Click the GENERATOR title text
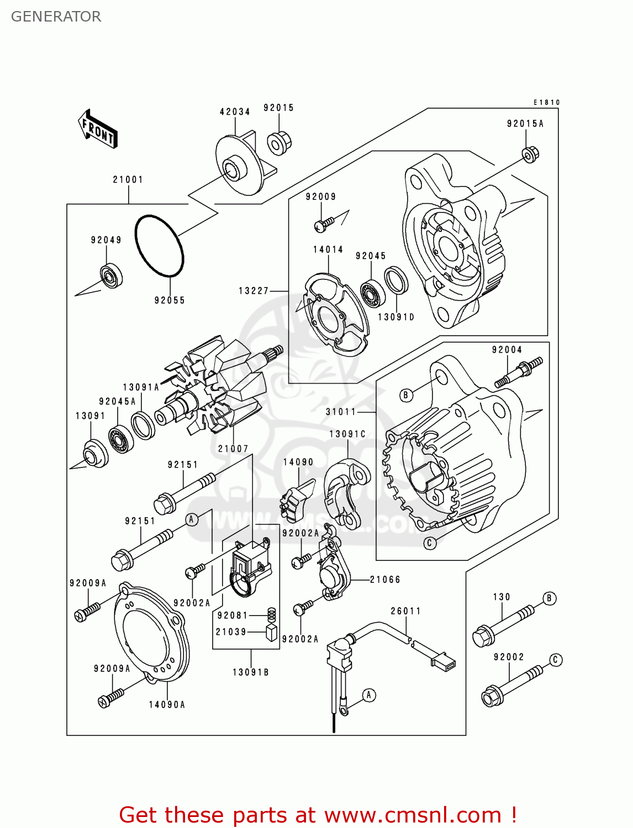(56, 17)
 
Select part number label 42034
(235, 112)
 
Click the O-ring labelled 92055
(159, 246)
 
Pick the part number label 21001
(128, 179)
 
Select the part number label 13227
(254, 290)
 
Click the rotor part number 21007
(233, 449)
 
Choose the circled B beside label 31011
(406, 395)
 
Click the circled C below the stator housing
(430, 543)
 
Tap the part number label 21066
(385, 580)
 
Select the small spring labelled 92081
(271, 614)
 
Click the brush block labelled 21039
(272, 632)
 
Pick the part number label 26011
(406, 611)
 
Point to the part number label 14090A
(167, 704)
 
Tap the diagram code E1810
(546, 102)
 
